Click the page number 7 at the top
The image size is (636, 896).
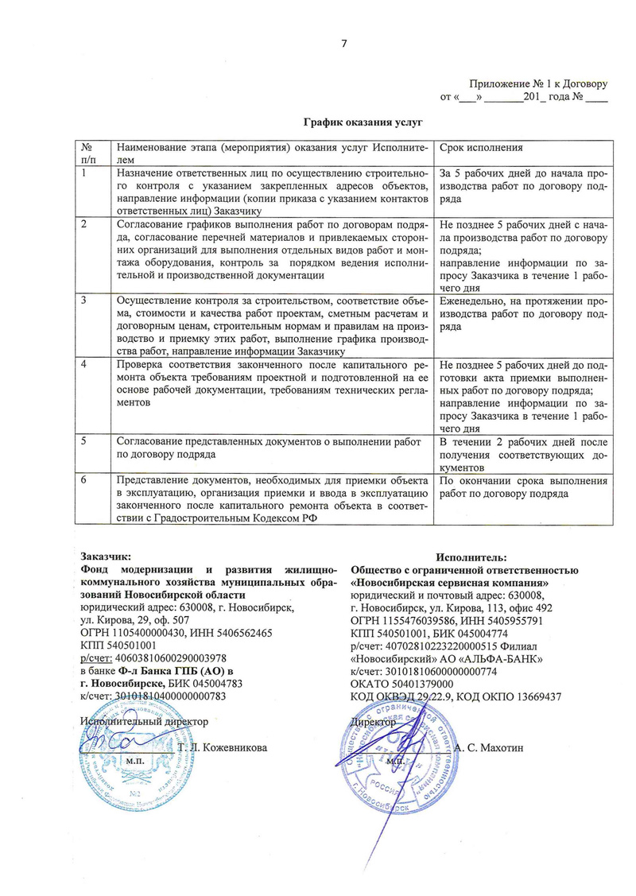pos(344,43)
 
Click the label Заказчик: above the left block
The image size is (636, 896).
pos(107,557)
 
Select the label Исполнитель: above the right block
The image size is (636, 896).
pos(474,557)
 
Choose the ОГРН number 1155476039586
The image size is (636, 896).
pos(417,620)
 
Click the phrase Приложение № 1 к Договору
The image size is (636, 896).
pos(538,83)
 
